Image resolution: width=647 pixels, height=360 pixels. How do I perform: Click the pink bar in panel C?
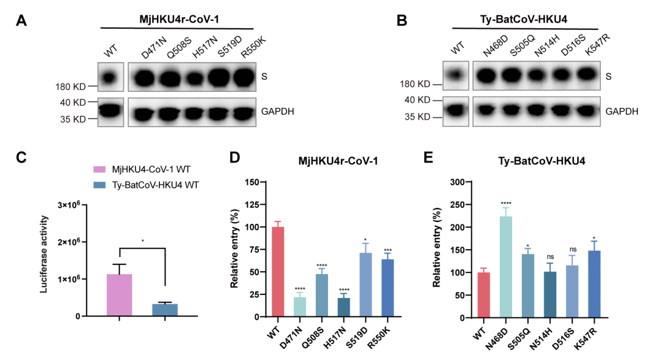tap(120, 295)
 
